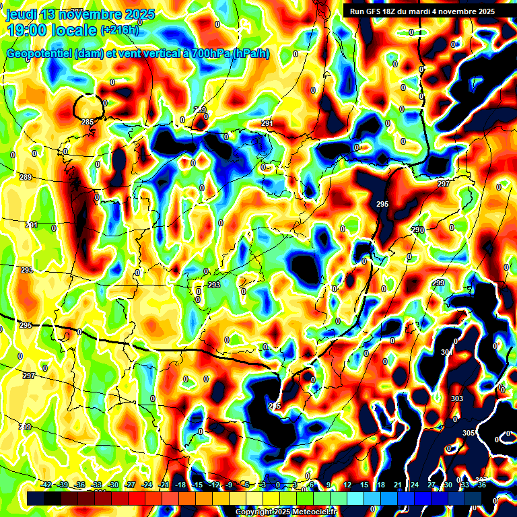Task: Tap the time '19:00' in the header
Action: pyautogui.click(x=26, y=30)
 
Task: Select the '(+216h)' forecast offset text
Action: pyautogui.click(x=120, y=30)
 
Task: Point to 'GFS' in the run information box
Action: pyautogui.click(x=374, y=11)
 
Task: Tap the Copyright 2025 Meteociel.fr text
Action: pyautogui.click(x=286, y=512)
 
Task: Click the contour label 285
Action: pyautogui.click(x=87, y=122)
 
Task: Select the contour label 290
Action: pyautogui.click(x=418, y=230)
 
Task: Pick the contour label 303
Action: pyautogui.click(x=457, y=399)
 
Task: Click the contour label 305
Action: pyautogui.click(x=469, y=433)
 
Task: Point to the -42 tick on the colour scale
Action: pyautogui.click(x=46, y=485)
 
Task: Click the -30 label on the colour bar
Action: pyautogui.click(x=113, y=485)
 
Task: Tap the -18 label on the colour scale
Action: pyautogui.click(x=180, y=485)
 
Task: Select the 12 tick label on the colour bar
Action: pyautogui.click(x=347, y=485)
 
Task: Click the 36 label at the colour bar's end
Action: pyautogui.click(x=481, y=485)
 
